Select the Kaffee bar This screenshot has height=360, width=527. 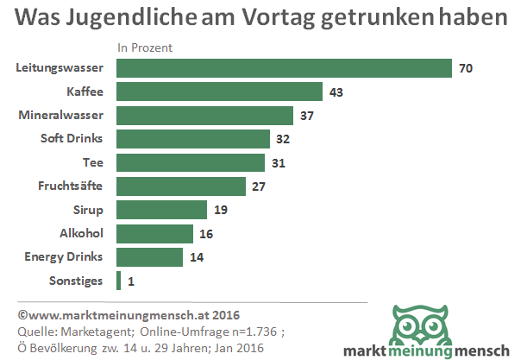218,92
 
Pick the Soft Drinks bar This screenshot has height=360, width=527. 192,138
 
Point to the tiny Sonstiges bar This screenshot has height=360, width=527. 118,281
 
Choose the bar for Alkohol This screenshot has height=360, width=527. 154,233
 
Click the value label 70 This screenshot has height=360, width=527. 467,68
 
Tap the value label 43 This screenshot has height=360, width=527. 336,92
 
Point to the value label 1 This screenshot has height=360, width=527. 131,281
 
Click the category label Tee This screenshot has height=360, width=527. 92,161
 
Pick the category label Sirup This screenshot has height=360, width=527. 88,209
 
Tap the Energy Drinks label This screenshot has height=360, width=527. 64,256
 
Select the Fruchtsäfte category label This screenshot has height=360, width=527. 71,186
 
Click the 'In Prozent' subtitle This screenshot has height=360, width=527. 145,48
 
